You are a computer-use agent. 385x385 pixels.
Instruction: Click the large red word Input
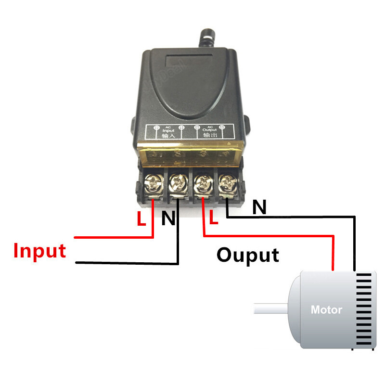[x=39, y=251]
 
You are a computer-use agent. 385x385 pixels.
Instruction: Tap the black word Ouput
[x=247, y=255]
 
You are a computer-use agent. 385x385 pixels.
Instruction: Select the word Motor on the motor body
[x=326, y=309]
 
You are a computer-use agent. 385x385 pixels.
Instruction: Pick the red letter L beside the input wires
[x=141, y=219]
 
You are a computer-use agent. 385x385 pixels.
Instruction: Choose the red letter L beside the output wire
[x=214, y=219]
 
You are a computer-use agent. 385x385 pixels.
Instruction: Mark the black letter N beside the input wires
[x=168, y=219]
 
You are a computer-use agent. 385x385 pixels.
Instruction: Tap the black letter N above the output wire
[x=259, y=207]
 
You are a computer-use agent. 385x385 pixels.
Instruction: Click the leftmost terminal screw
[x=154, y=182]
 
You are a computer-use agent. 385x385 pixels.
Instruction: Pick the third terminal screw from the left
[x=202, y=182]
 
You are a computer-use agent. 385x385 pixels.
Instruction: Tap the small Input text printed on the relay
[x=168, y=129]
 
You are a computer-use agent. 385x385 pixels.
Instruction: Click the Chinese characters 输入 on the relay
[x=168, y=136]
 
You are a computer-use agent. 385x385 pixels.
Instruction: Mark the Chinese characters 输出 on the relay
[x=210, y=136]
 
